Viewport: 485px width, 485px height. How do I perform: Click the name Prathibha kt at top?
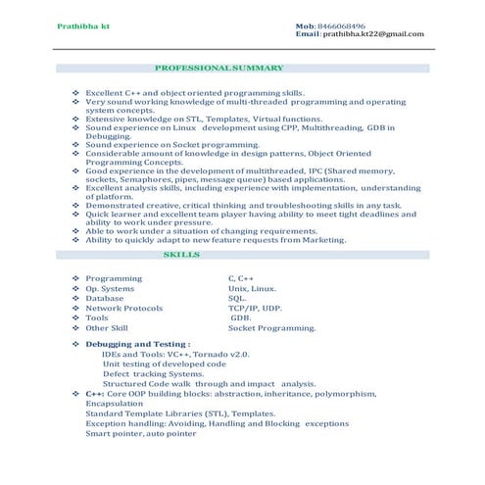[x=83, y=24]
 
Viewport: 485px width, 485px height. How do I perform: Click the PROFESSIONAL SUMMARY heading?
[x=219, y=69]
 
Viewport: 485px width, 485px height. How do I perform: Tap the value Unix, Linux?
[x=252, y=288]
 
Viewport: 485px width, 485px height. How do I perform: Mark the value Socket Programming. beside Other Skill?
[x=271, y=327]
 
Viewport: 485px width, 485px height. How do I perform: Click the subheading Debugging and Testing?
[x=137, y=345]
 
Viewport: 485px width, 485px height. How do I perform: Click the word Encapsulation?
[x=114, y=403]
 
